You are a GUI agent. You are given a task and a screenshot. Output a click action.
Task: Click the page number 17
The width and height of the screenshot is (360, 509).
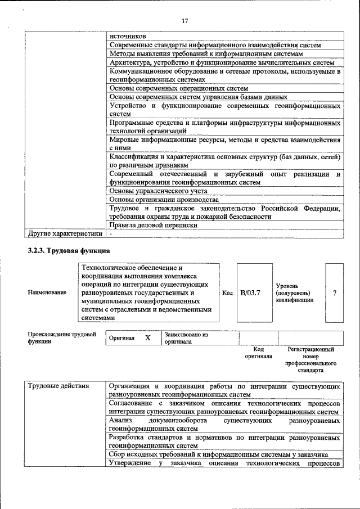(184, 21)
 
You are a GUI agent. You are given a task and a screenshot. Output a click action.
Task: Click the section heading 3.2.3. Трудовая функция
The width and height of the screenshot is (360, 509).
(69, 250)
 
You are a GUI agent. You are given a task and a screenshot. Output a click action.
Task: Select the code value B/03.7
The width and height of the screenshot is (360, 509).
(250, 293)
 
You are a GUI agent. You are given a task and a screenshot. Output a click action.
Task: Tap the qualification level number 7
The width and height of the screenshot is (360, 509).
(335, 293)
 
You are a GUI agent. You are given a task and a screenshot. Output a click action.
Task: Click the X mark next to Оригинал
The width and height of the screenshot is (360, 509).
(148, 338)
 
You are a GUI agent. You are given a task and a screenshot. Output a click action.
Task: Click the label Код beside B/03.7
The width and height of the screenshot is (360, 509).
(227, 293)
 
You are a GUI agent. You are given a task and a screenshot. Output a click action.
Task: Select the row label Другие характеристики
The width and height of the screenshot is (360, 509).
(65, 233)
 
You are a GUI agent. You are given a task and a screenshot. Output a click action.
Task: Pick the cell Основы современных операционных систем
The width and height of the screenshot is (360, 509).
(178, 88)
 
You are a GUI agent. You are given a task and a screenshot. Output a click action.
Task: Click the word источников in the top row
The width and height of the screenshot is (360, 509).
(127, 36)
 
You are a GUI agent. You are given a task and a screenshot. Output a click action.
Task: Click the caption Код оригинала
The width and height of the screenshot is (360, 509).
(258, 353)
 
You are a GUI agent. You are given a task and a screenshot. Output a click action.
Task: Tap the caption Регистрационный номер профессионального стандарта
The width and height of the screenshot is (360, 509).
(310, 360)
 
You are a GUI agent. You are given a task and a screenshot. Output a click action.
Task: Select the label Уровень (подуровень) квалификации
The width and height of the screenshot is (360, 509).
(292, 293)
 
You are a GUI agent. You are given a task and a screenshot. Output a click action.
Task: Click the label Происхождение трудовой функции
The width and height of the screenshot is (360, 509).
(62, 337)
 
